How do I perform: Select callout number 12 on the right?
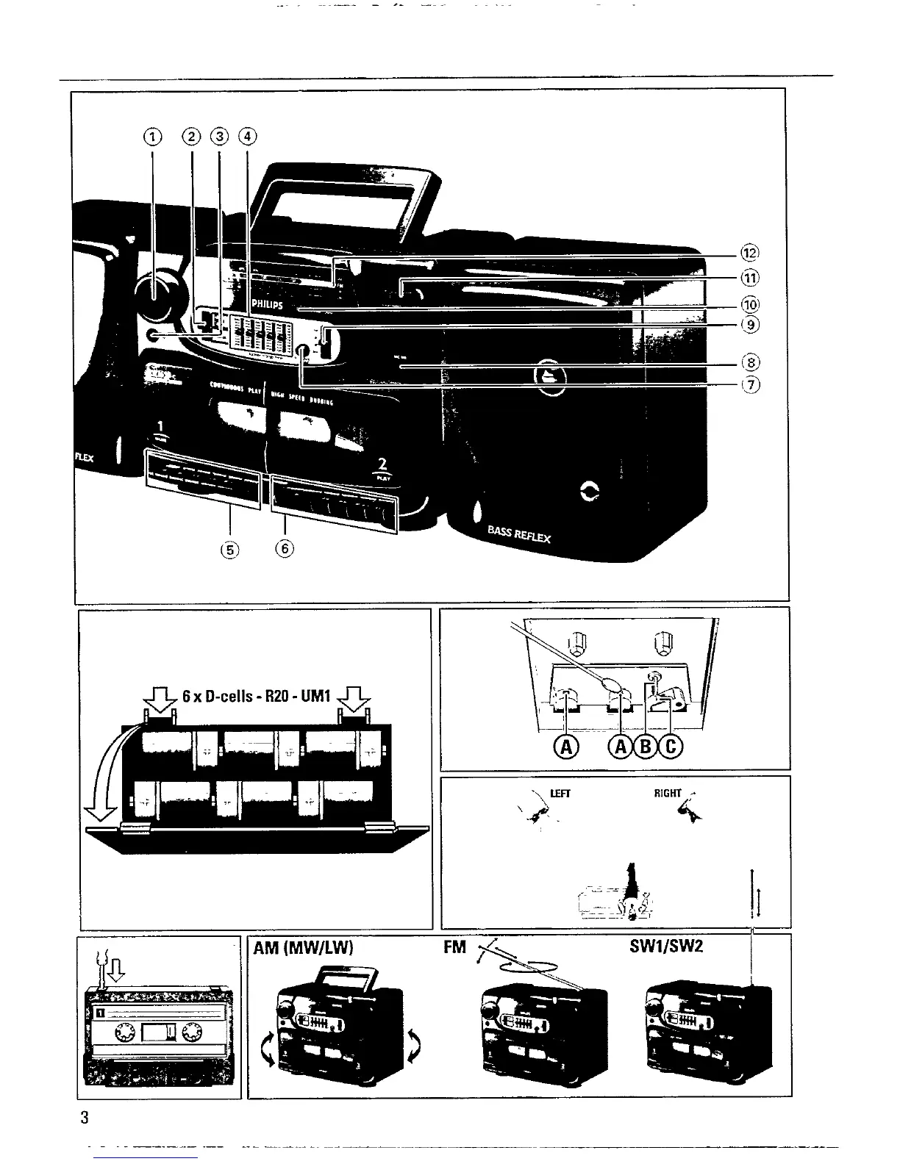click(749, 254)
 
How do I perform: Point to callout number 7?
click(749, 384)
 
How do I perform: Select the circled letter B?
click(647, 747)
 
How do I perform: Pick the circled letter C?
click(671, 747)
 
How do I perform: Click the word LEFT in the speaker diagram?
click(560, 794)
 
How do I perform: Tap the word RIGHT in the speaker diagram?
click(668, 793)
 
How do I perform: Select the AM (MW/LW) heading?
click(304, 947)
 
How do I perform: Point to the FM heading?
click(455, 947)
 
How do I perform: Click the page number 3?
click(85, 1118)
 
